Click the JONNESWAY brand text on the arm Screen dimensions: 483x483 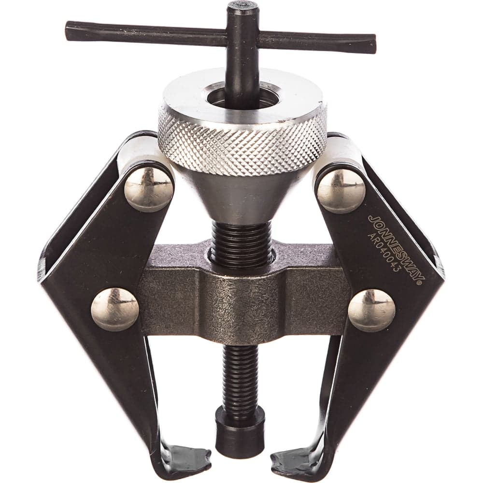pos(396,248)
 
